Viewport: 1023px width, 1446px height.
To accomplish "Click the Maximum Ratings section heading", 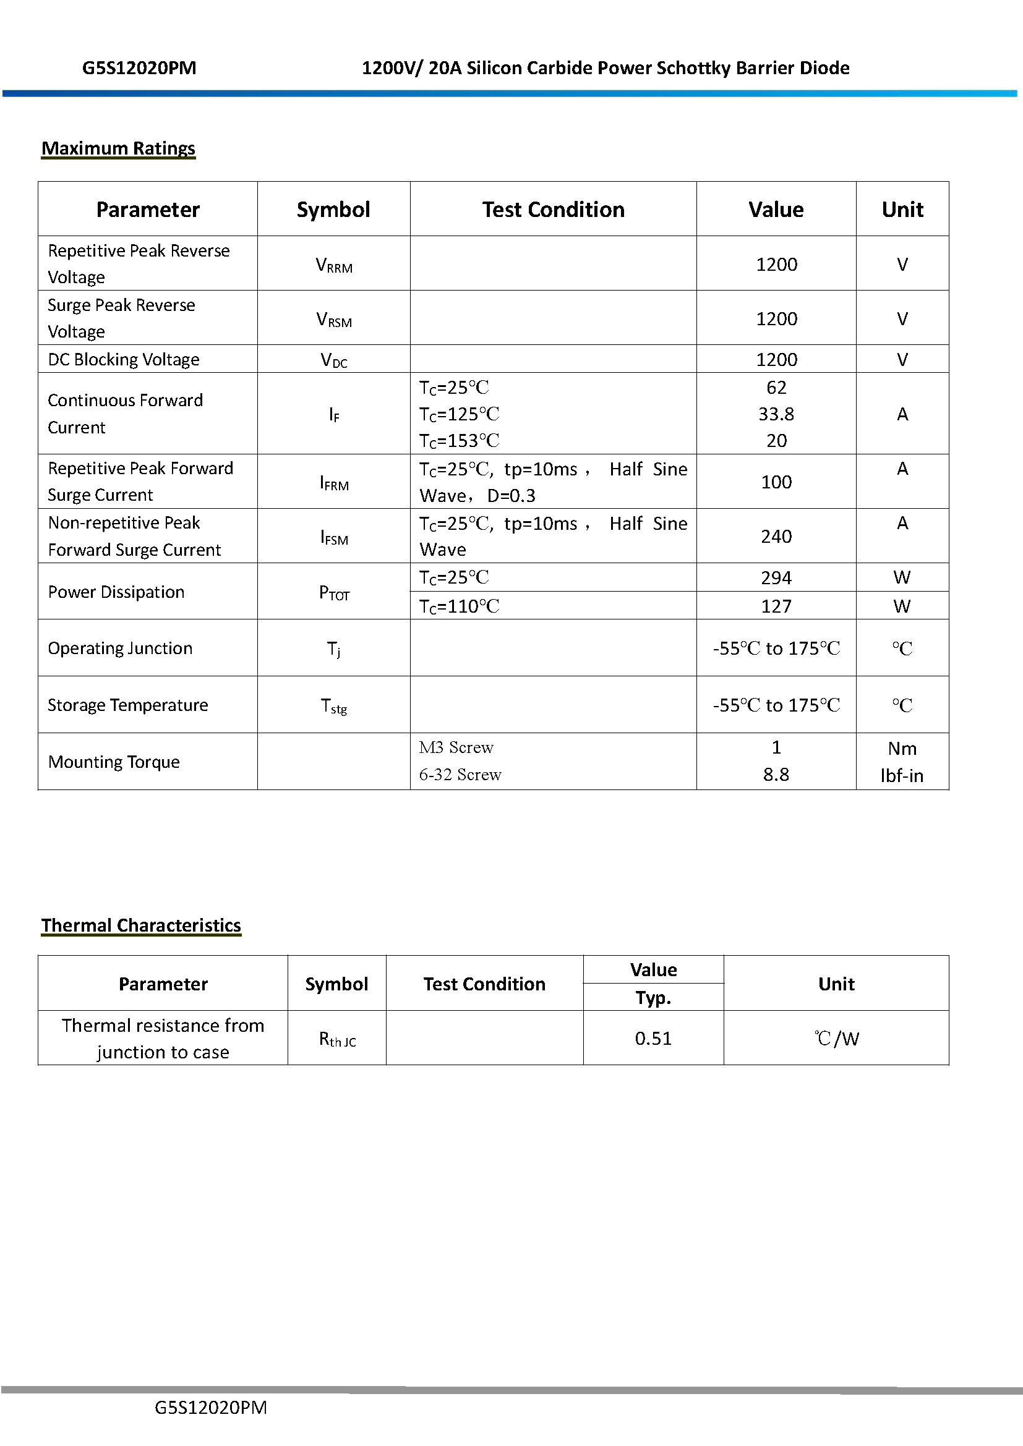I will (118, 148).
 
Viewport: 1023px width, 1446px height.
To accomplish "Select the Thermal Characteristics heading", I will (141, 925).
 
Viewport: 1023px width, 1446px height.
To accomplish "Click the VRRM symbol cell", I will (334, 265).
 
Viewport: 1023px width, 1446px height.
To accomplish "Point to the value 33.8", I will (776, 414).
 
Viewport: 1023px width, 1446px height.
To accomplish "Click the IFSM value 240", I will (776, 537).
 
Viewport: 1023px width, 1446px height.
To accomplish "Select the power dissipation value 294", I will (776, 577).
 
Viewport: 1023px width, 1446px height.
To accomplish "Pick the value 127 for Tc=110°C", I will (776, 606).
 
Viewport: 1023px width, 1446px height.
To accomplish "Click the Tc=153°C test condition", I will (459, 441).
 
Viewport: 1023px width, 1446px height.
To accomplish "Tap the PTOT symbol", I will (334, 593).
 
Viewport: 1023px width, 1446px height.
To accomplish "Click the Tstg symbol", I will (334, 706).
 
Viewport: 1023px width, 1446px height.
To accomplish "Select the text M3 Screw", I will (456, 747).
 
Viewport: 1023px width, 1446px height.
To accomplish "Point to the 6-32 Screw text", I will (460, 775).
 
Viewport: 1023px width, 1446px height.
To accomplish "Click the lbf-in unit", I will (901, 776).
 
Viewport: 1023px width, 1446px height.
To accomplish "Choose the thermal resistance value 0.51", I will (653, 1039).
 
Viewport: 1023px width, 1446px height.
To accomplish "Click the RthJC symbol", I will (337, 1039).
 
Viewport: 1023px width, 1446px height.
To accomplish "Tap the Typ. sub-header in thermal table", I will (653, 998).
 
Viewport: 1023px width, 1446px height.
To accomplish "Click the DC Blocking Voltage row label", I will (124, 360).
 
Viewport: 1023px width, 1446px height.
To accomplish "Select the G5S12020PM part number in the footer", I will (210, 1408).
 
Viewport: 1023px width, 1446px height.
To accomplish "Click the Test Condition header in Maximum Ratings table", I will (553, 210).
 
